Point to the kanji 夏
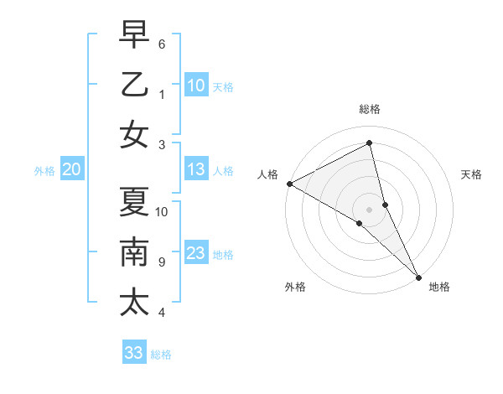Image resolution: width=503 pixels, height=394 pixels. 134,202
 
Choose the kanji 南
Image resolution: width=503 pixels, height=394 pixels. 134,251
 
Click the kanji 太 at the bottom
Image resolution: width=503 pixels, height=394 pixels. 134,301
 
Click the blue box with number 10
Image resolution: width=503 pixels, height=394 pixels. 196,86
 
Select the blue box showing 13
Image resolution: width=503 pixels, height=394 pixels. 196,170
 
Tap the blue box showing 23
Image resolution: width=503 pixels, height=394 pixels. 196,254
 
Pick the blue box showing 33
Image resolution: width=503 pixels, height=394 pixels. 134,353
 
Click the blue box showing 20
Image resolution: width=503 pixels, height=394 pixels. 72,170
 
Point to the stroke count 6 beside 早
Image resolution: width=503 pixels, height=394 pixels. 162,44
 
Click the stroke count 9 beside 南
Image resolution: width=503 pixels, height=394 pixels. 162,262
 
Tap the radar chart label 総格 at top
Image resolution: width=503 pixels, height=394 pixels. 370,109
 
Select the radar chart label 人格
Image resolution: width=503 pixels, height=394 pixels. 267,174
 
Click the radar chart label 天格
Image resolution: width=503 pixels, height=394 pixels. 472,174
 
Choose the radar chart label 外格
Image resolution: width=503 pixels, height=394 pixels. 295,287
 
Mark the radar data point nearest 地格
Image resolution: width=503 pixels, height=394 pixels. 418,276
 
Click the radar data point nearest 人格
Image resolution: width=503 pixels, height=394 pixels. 288,184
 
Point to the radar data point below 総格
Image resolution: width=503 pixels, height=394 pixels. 370,143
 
